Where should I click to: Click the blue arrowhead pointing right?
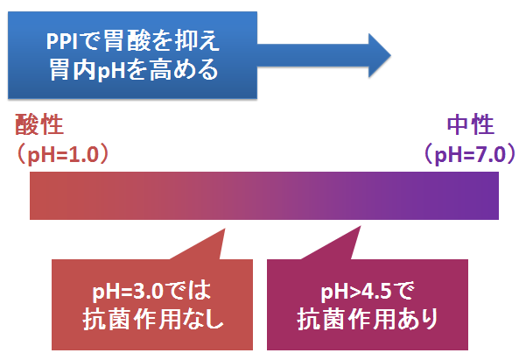coord(379,55)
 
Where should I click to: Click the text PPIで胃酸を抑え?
coord(133,41)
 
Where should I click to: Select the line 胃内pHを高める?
coord(134,69)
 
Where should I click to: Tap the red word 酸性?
coord(39,124)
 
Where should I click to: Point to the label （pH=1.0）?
coord(63,155)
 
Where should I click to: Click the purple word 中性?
coord(471,124)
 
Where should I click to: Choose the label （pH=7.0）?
coord(470,155)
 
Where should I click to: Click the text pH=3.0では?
coord(151,291)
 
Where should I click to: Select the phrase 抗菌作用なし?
coord(153,319)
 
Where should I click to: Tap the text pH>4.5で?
coord(368,291)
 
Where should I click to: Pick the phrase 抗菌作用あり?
coord(368,319)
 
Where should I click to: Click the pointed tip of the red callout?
coord(224,229)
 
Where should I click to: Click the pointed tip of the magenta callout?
coord(361,227)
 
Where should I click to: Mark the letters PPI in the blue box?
coord(62,42)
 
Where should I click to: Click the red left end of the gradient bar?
coord(32,196)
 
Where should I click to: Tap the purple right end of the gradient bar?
coord(497,196)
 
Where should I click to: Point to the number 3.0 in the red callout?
coord(148,292)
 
